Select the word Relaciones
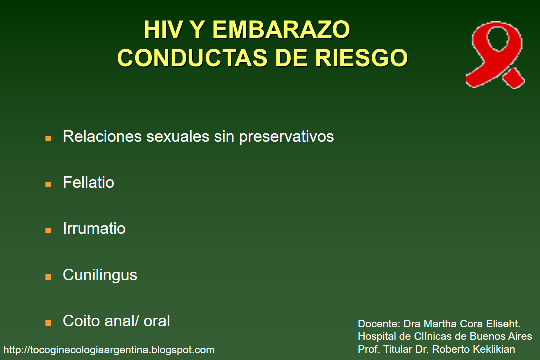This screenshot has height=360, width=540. coord(102,136)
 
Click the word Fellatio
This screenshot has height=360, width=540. coord(88,182)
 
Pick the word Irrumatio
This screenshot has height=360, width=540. coord(94,229)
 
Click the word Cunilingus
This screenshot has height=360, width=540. coord(100,275)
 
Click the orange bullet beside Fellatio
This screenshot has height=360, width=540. coord(48,184)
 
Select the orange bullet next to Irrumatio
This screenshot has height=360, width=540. coord(48,230)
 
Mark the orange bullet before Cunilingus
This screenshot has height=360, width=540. coord(48,277)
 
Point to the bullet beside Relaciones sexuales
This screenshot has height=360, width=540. coord(48,138)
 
